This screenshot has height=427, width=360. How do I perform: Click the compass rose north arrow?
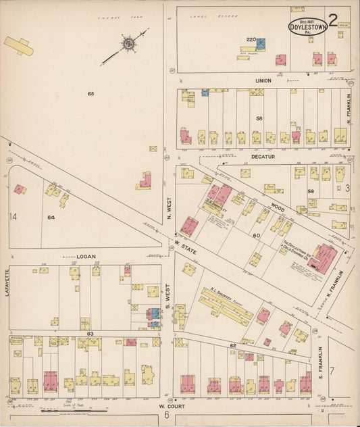126,45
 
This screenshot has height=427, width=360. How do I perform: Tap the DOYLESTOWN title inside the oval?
308,27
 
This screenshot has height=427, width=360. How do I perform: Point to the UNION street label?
263,80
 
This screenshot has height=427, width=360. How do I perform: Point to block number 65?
90,93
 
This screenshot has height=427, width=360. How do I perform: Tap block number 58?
259,118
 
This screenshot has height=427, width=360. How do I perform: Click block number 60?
256,235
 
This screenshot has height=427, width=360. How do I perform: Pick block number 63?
89,333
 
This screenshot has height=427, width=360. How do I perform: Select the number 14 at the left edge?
12,216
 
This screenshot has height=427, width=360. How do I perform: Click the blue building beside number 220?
260,44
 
